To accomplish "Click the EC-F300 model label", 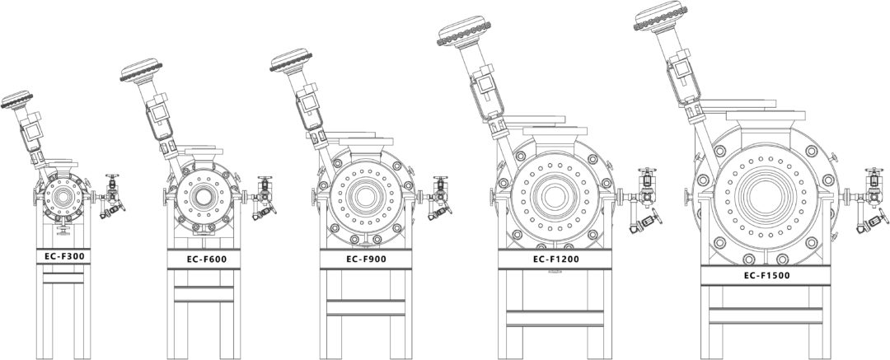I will (64, 257).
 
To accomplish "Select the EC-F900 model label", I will (365, 259).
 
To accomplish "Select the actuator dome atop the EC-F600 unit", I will (141, 73).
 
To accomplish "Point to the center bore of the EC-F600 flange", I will (202, 198).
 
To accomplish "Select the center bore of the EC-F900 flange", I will (365, 198).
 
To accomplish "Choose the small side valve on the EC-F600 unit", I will (265, 198).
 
